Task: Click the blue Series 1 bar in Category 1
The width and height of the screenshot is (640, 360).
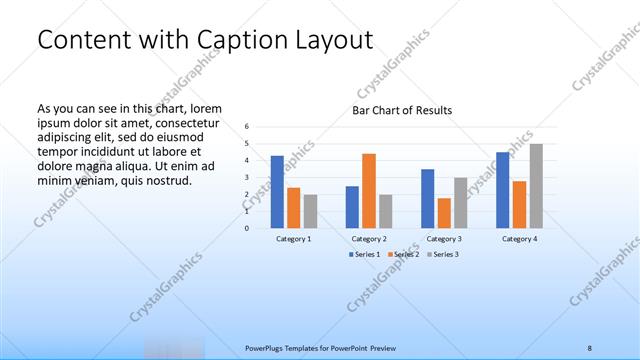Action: click(277, 191)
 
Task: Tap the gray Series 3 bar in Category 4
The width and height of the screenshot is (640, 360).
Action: click(536, 185)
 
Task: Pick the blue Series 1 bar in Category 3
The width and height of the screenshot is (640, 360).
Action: click(427, 198)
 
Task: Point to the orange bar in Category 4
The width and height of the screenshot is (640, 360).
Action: click(519, 204)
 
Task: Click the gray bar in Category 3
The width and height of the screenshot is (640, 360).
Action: click(460, 202)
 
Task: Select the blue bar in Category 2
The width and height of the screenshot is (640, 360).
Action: click(352, 206)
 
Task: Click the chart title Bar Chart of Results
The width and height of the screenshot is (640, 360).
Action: click(402, 110)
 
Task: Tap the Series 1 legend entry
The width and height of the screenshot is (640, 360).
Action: click(363, 254)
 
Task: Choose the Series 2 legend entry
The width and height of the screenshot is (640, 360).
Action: click(403, 254)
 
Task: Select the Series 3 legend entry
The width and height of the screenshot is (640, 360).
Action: click(443, 254)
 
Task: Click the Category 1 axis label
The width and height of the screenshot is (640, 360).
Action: click(294, 239)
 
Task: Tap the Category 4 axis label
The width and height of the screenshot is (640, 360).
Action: click(519, 239)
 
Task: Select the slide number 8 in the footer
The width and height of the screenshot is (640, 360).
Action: click(589, 348)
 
